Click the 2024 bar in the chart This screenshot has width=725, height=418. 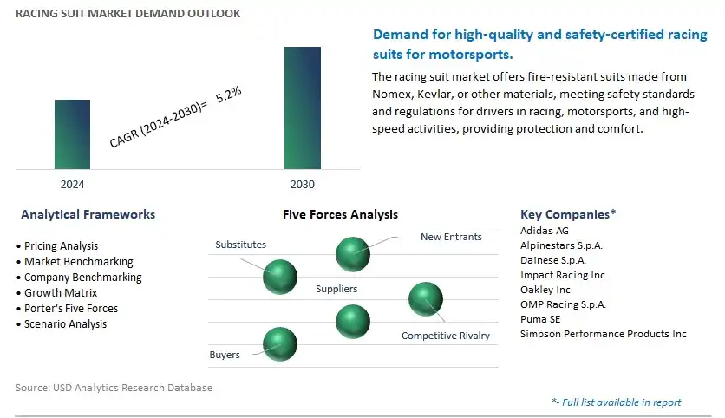72,134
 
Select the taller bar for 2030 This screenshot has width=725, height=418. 303,108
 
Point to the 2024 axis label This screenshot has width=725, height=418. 72,185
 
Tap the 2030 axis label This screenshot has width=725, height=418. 303,185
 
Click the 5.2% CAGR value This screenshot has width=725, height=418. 228,95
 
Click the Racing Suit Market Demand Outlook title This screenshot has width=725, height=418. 128,13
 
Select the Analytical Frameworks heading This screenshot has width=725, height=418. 88,214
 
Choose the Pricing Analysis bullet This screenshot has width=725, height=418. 61,246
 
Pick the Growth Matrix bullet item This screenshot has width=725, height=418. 61,293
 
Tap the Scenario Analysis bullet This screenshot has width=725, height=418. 65,324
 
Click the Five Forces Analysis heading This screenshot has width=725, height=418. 340,214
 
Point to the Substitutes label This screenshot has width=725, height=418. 240,245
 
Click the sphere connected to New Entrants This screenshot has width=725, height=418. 353,254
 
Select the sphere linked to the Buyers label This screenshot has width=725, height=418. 280,344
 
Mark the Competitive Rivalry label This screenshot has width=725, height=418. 445,336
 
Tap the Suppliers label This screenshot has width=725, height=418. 336,289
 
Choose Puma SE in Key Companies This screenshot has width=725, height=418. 540,319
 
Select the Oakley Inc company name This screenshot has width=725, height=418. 545,290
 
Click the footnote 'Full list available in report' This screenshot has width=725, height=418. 617,402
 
